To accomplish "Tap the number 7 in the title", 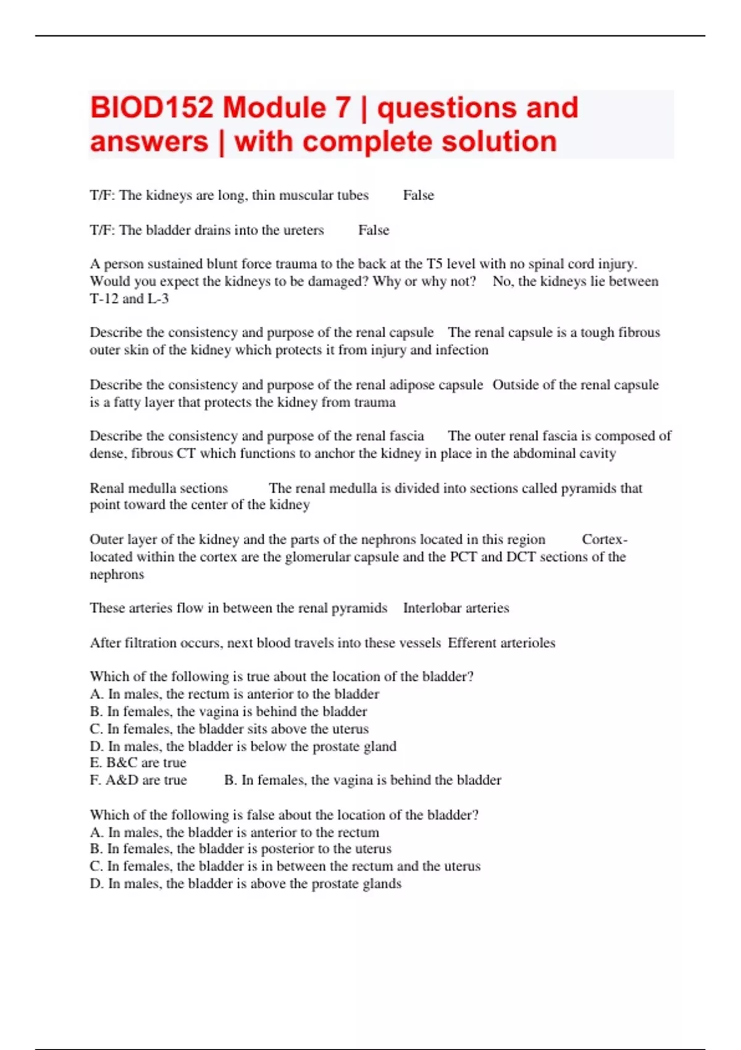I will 343,108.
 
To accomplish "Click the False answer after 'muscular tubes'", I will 418,195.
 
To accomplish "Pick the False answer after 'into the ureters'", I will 374,230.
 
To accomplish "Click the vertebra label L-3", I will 158,299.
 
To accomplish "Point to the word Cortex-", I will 605,539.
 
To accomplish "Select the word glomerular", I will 316,556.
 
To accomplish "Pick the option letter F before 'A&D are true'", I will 94,780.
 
